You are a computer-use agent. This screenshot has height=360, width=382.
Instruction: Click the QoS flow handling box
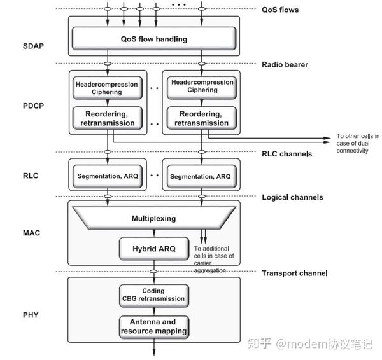click(153, 39)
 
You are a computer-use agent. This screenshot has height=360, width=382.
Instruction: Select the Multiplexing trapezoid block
click(153, 218)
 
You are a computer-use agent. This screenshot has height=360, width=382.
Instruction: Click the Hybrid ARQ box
click(153, 247)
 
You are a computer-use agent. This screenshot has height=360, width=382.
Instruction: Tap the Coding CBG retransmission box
click(153, 295)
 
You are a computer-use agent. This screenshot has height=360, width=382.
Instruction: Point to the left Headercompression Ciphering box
click(106, 87)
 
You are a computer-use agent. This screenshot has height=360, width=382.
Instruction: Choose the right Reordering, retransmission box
click(202, 118)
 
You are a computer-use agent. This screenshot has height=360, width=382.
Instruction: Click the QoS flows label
click(280, 10)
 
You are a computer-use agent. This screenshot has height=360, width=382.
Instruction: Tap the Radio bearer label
click(286, 64)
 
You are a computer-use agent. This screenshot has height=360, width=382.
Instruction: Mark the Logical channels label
click(292, 197)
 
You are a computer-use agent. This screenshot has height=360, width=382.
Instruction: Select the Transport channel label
click(294, 273)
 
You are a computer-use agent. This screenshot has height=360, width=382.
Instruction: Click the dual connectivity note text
click(358, 144)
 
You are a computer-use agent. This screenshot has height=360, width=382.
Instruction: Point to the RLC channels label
click(287, 153)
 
